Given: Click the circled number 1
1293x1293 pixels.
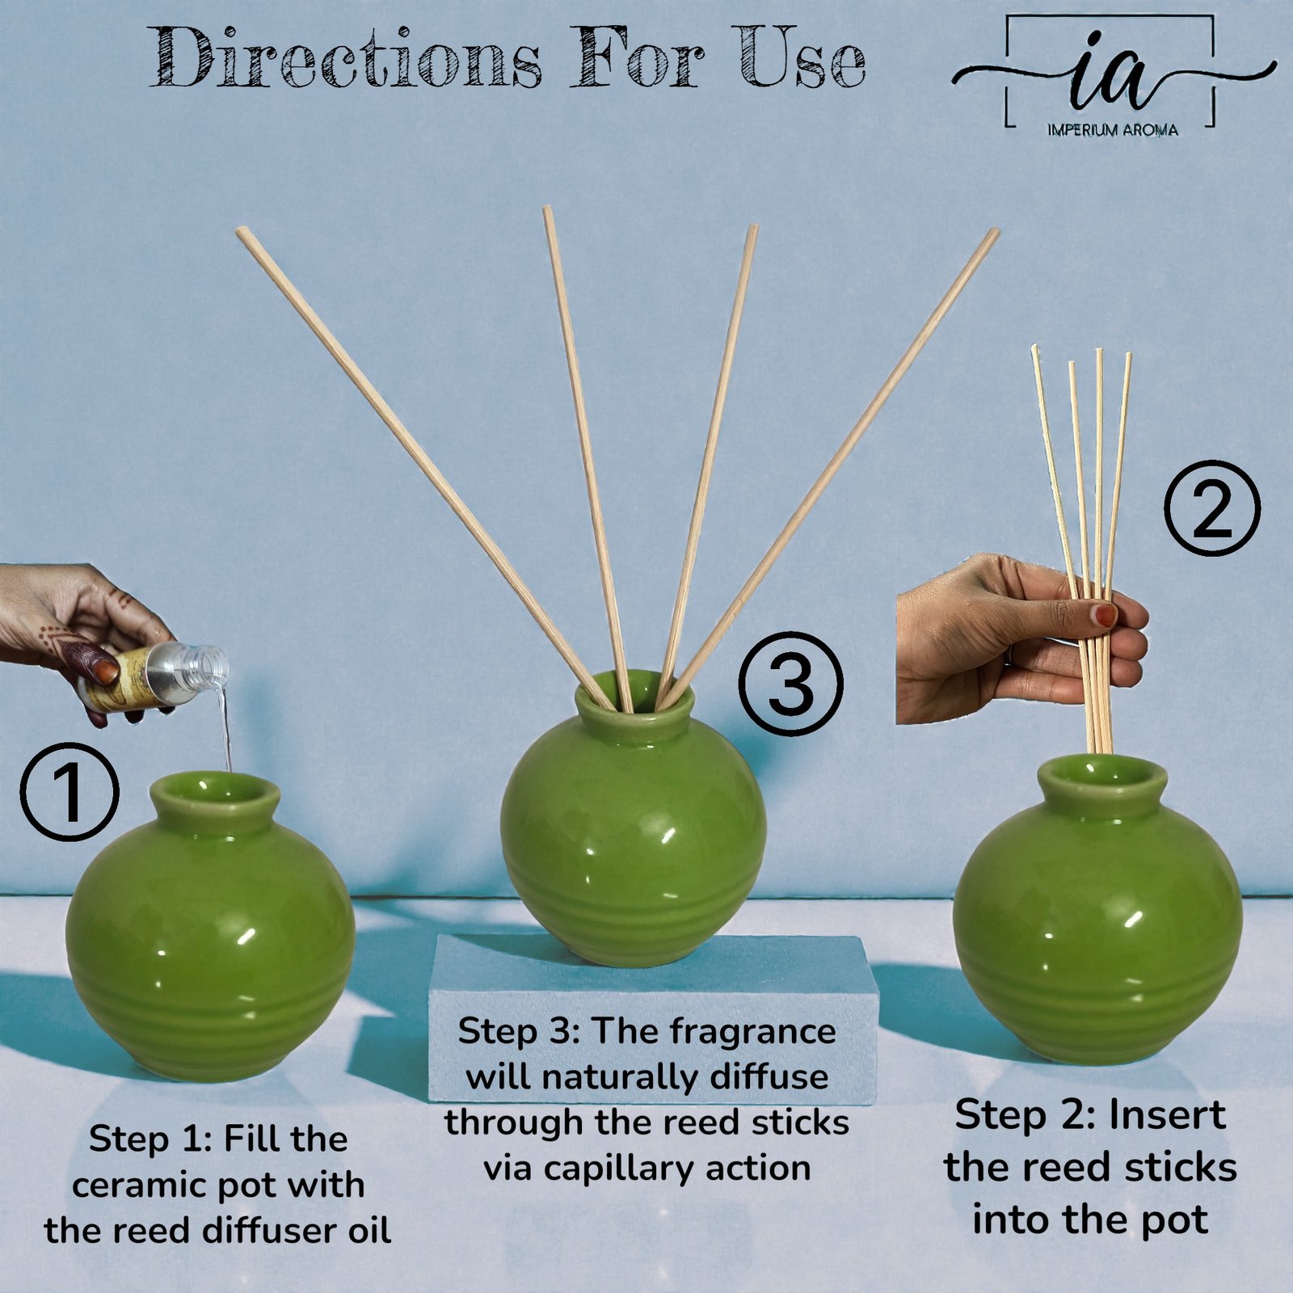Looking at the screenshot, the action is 69,792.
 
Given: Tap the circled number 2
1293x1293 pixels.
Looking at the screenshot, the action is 1212,508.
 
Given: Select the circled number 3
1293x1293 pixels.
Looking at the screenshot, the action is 792,684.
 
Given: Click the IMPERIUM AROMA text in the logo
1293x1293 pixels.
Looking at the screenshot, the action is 1112,129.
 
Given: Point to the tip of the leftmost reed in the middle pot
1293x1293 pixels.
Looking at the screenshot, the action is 240,231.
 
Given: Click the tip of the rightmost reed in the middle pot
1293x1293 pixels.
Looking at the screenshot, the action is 995,233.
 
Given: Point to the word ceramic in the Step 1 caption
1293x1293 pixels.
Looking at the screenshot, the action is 137,1186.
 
